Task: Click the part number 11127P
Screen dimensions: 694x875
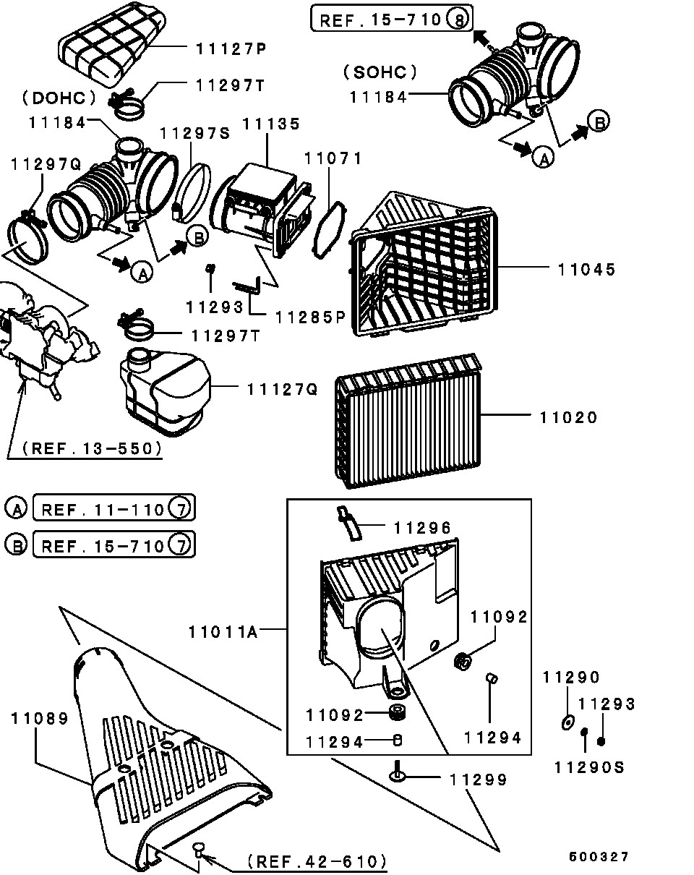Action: [231, 49]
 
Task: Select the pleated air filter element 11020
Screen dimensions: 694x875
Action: [408, 421]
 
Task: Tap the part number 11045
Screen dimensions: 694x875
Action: [587, 270]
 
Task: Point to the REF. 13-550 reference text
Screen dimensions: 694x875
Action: [92, 448]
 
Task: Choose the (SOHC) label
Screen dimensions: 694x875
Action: [380, 72]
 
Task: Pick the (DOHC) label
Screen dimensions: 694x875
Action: [59, 98]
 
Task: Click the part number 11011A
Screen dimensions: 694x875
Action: [223, 632]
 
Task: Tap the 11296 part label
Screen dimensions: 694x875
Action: [422, 528]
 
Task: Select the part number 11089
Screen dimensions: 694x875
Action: [40, 719]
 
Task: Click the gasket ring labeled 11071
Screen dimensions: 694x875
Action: [330, 230]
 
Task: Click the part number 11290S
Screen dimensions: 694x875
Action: [589, 768]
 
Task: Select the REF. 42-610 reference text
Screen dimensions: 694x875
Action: [317, 861]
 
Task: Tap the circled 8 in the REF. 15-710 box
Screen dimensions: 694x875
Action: [458, 20]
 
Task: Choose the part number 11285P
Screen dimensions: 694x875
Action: [311, 317]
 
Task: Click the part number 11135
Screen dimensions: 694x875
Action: [271, 124]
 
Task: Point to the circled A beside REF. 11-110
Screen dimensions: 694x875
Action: [16, 508]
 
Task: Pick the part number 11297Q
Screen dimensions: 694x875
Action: [46, 164]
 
